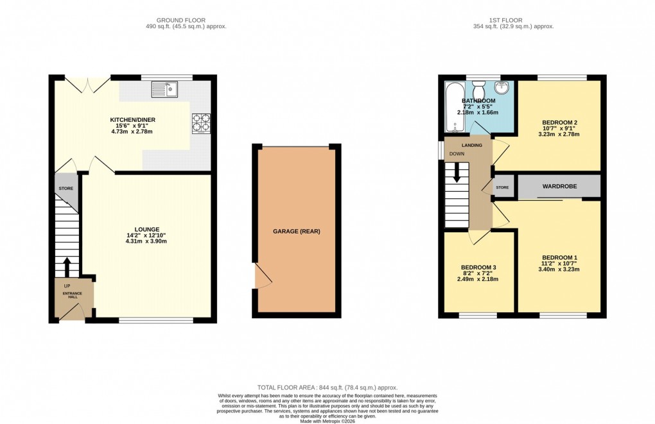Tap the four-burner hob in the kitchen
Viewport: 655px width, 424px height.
(x=200, y=123)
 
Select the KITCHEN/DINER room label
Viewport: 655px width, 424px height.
(x=132, y=120)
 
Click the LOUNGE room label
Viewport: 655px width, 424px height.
(x=146, y=229)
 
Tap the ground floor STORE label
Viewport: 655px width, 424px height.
(x=66, y=189)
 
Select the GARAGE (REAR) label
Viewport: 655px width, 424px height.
(x=296, y=232)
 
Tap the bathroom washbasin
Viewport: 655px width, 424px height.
(x=504, y=89)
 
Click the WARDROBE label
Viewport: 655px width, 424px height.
(x=559, y=186)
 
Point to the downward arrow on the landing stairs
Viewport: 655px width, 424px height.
(x=457, y=173)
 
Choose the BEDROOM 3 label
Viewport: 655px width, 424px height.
(x=478, y=267)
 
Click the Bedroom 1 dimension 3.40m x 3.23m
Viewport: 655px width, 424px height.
(x=559, y=269)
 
